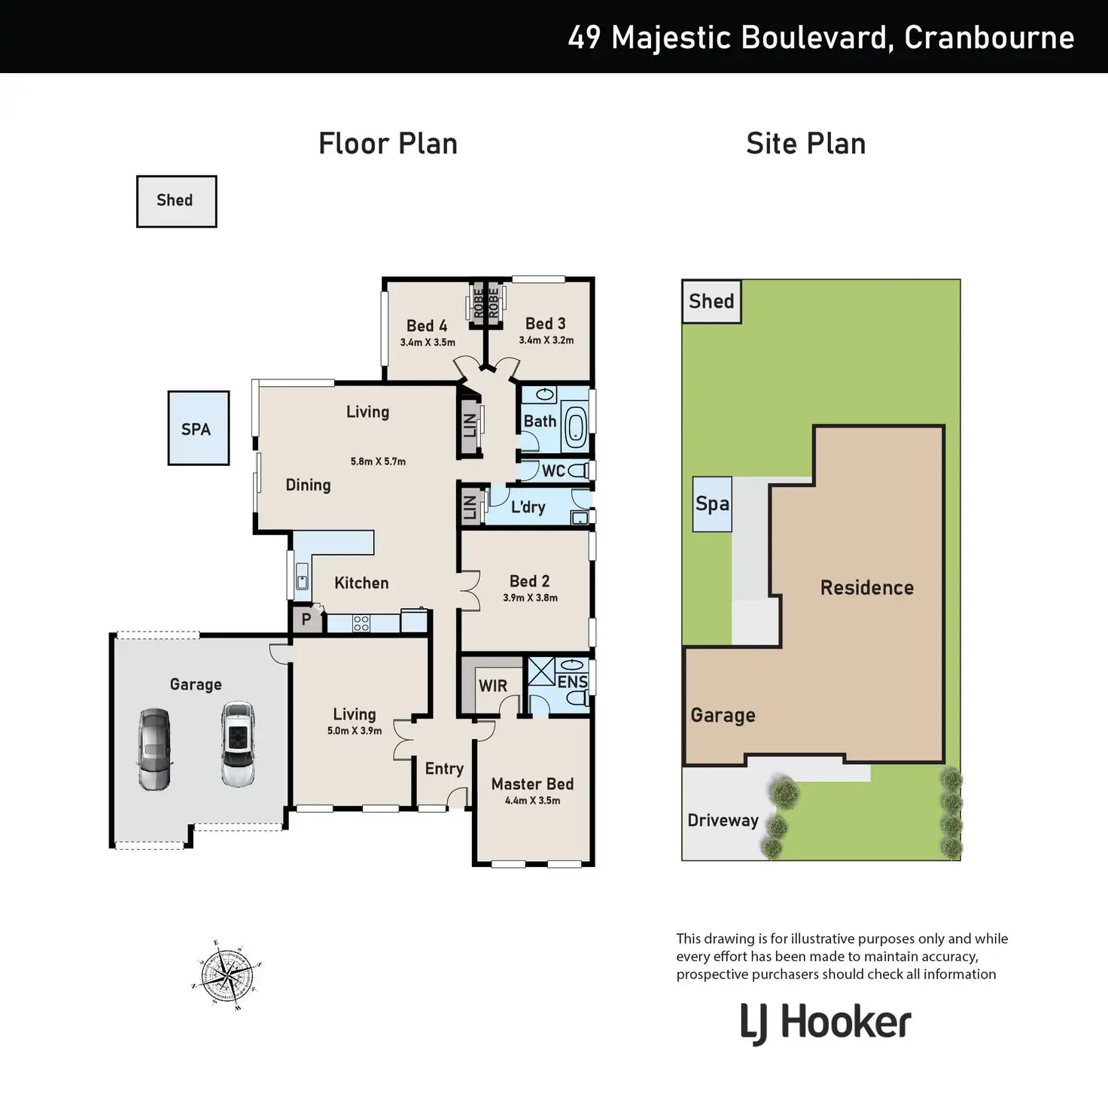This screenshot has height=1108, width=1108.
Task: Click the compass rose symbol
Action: [227, 975]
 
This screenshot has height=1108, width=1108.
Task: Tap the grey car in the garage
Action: [154, 749]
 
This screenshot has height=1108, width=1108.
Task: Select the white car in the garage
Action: [238, 744]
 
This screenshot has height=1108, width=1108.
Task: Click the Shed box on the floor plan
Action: [177, 201]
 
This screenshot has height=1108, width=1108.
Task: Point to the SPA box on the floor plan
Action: [199, 428]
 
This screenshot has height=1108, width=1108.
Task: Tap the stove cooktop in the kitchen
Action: [361, 623]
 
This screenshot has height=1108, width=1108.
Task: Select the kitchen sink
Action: [302, 576]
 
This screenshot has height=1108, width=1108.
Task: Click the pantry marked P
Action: [306, 619]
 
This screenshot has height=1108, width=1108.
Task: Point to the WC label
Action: [553, 471]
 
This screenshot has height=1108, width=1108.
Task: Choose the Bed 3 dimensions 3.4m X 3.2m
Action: [546, 339]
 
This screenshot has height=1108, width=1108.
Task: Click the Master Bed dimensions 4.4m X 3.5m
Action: [532, 800]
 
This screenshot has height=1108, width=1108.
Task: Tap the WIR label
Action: [493, 686]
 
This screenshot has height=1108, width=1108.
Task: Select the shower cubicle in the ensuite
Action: [541, 671]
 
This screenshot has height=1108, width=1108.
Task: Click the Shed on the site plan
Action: [711, 301]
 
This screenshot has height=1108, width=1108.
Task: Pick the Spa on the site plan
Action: [712, 504]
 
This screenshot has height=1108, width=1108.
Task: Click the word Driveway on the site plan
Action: [723, 820]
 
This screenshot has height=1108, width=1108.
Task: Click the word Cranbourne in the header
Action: [989, 38]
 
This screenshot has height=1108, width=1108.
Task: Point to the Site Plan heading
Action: [805, 143]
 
